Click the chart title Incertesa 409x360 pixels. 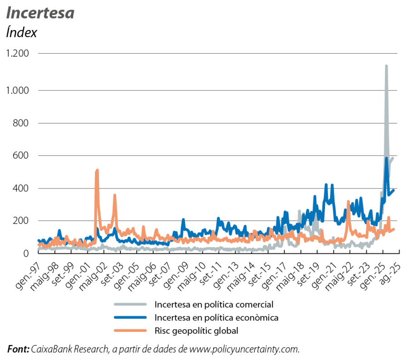[40, 14]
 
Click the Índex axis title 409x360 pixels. [21, 33]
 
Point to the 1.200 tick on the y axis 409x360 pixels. [16, 54]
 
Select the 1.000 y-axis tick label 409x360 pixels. [16, 90]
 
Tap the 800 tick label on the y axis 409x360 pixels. [20, 123]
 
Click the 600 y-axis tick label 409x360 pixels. [20, 156]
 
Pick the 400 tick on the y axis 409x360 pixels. [20, 188]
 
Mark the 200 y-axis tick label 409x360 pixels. [20, 221]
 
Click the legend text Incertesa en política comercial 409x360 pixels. [214, 304]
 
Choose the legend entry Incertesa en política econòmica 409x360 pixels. [216, 317]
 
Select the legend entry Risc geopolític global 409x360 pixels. [196, 330]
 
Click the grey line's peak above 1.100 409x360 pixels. [386, 66]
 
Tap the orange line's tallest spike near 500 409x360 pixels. [97, 170]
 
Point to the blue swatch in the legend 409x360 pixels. [130, 317]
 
